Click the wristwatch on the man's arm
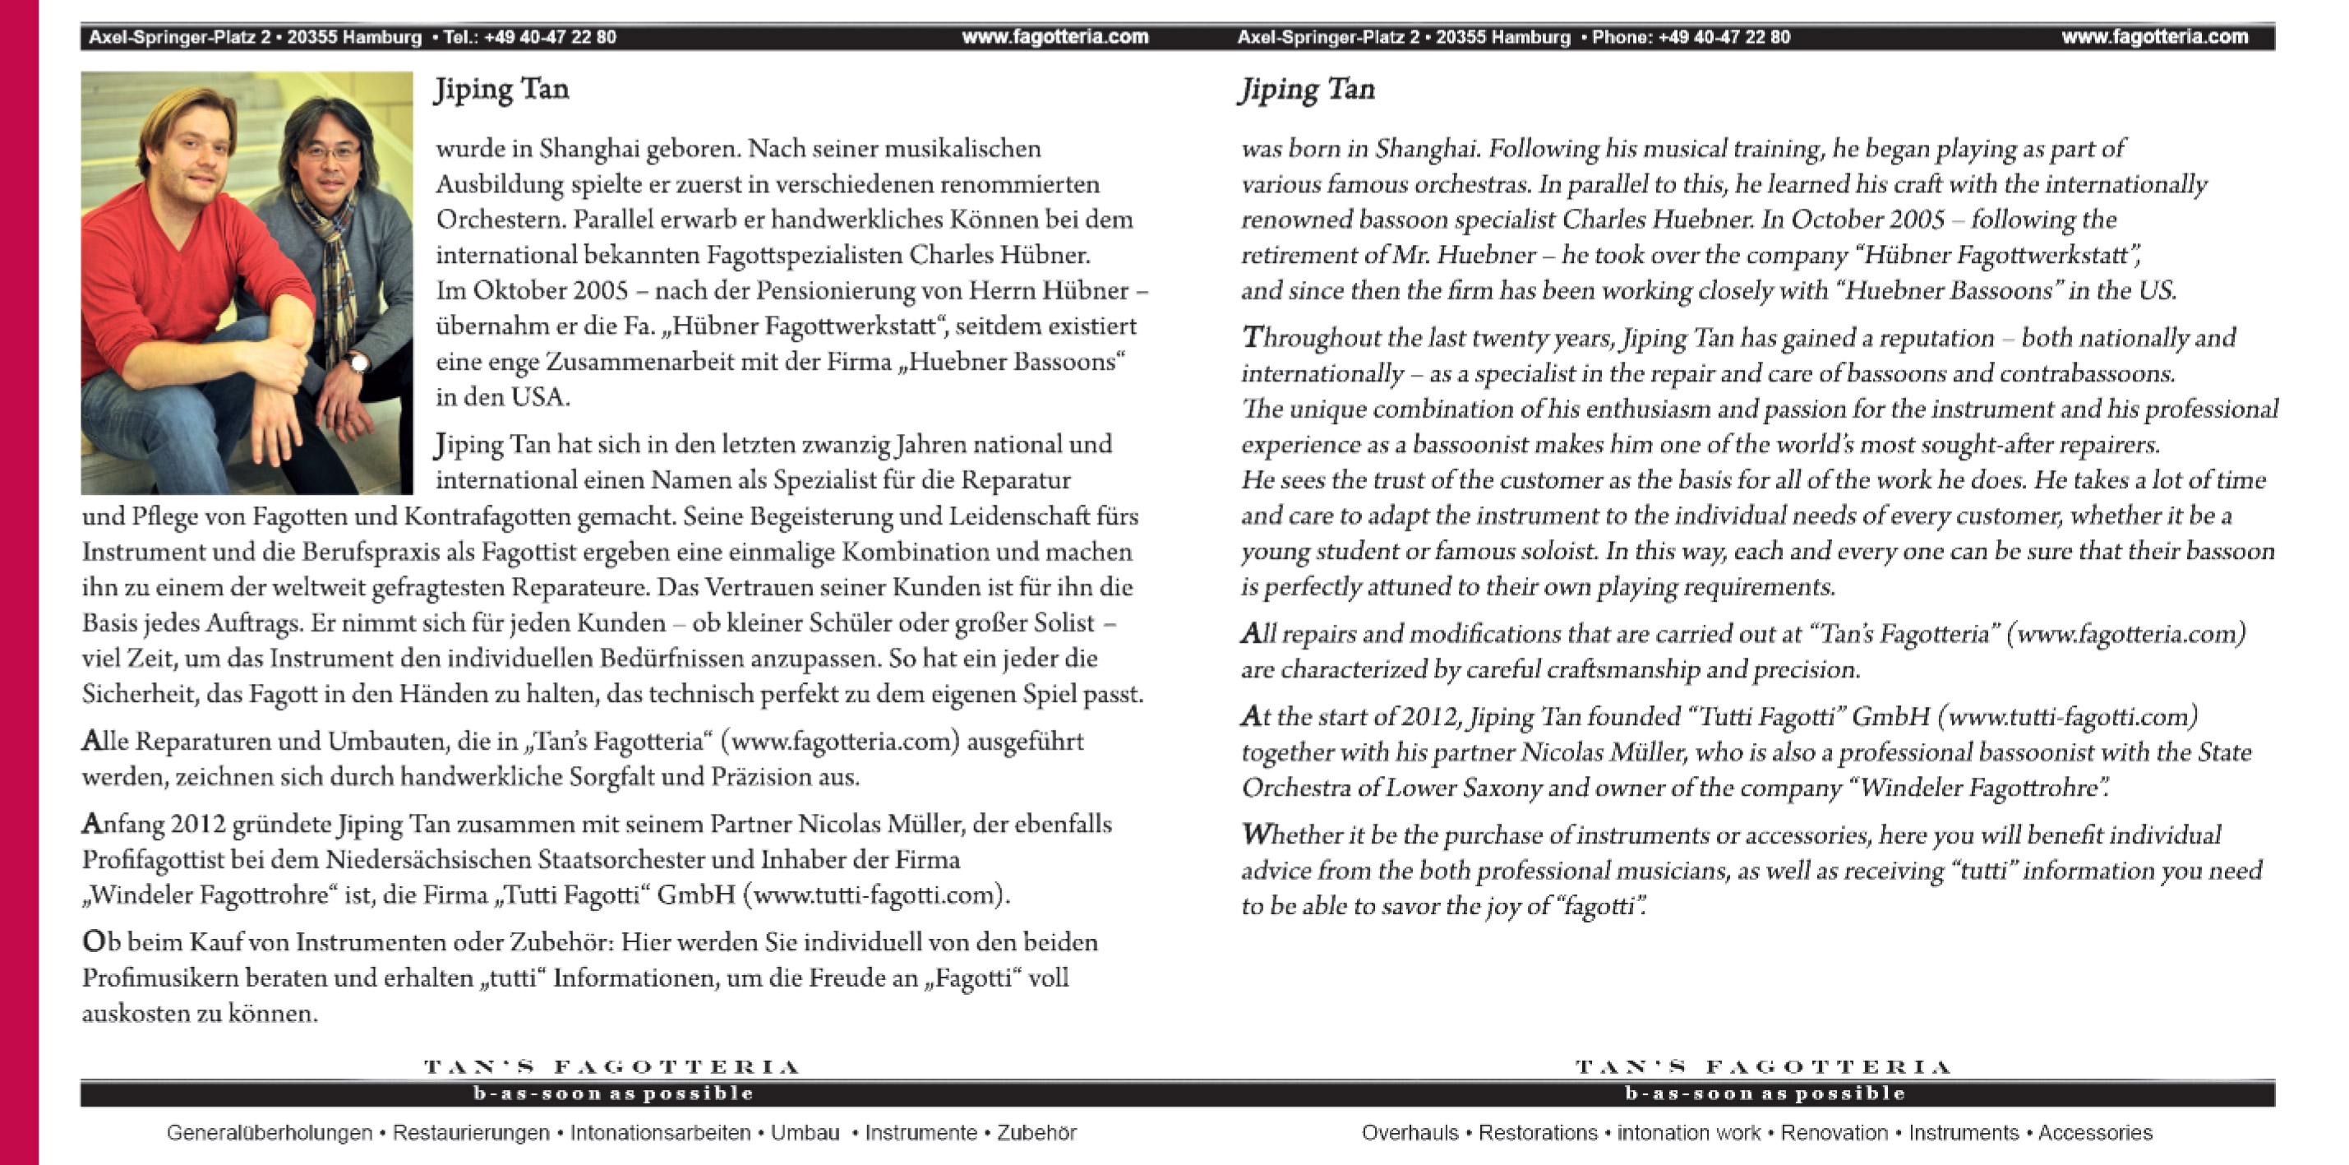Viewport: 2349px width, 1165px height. [357, 363]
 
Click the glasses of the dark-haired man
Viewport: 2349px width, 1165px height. [330, 152]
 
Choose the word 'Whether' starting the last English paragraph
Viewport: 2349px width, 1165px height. [1289, 834]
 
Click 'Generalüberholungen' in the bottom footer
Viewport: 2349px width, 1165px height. [269, 1133]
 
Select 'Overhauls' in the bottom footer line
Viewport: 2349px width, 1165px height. [1410, 1133]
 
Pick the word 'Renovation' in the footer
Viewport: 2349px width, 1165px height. [1834, 1133]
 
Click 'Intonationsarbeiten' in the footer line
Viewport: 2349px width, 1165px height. [660, 1133]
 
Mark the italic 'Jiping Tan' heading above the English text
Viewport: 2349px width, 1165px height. [1306, 90]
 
